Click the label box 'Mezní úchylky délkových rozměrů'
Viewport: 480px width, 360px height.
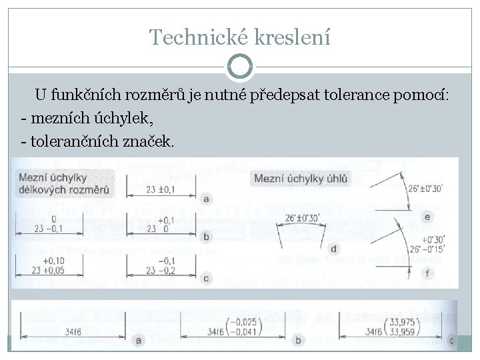coord(65,184)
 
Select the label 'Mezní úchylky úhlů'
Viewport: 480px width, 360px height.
coord(300,178)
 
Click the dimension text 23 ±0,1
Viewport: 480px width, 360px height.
coord(161,191)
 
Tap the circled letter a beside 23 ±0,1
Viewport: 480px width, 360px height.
coord(207,198)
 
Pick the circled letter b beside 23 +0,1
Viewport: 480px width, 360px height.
coord(207,236)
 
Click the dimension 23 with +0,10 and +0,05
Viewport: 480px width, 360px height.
coord(50,266)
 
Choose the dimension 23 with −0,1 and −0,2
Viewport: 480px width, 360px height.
coord(161,266)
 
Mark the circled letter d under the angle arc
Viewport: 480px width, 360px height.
coord(333,249)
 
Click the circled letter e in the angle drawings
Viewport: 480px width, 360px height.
coord(427,217)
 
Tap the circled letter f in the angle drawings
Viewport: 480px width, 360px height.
coord(427,273)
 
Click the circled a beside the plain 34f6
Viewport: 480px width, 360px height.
coord(139,341)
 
